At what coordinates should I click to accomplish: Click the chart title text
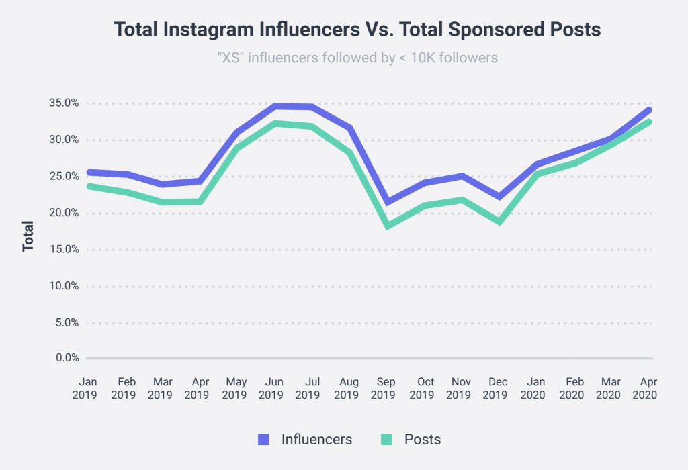pyautogui.click(x=357, y=30)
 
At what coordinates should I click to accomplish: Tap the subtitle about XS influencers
pyautogui.click(x=357, y=58)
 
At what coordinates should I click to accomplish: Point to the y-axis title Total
pyautogui.click(x=28, y=236)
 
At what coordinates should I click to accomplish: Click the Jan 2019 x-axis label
pyautogui.click(x=86, y=388)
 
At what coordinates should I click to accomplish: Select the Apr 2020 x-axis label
pyautogui.click(x=644, y=388)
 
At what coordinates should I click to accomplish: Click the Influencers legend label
pyautogui.click(x=316, y=440)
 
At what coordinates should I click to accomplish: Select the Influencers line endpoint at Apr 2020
pyautogui.click(x=649, y=110)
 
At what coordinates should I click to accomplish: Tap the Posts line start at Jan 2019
pyautogui.click(x=88, y=186)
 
